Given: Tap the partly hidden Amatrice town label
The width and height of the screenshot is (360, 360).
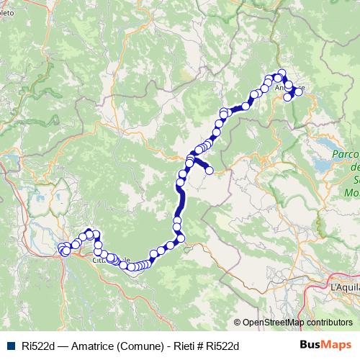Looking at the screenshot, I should pos(285,89).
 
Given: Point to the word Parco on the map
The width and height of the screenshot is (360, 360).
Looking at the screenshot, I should pos(345,155).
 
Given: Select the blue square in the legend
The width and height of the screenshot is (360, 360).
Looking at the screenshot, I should pos(9,346).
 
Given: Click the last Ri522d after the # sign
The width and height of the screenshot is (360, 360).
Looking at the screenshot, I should pos(222,346).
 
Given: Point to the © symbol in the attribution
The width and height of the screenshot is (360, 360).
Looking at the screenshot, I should pos(238,323).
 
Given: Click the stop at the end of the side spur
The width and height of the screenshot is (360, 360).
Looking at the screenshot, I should pos(210,171).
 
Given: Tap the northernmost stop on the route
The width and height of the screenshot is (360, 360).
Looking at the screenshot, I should pos(282,72).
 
